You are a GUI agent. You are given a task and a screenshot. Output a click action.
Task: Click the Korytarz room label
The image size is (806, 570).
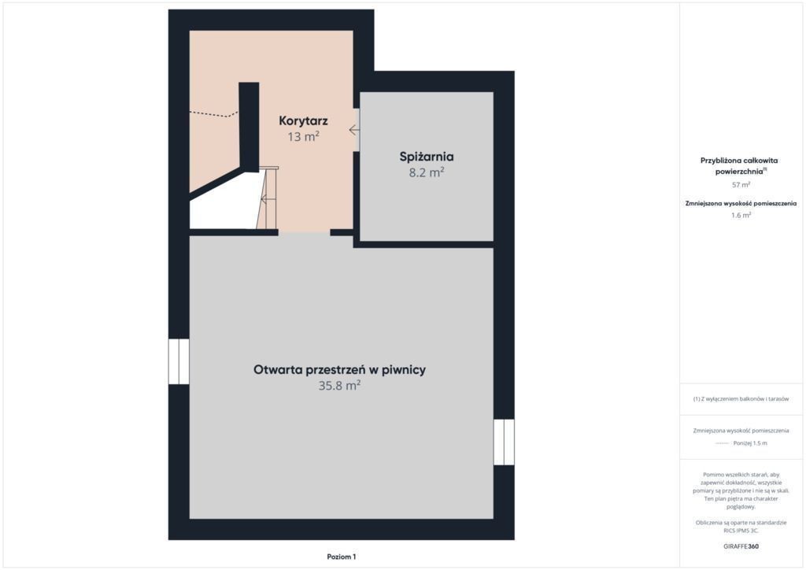click(x=303, y=121)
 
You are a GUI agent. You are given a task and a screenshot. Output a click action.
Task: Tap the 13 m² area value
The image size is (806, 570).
click(x=303, y=137)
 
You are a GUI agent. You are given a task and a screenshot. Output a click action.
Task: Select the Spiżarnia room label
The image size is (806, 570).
click(x=427, y=157)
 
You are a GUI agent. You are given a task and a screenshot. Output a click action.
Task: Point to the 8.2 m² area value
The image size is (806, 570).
click(x=427, y=172)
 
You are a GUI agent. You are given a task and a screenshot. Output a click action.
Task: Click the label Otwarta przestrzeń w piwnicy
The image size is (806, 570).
click(x=339, y=369)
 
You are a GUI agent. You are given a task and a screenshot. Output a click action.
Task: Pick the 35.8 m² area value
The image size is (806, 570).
click(x=339, y=386)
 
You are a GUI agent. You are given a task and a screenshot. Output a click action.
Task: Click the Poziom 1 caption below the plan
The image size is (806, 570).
click(x=342, y=557)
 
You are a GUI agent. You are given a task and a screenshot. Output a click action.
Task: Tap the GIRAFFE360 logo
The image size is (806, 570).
click(x=741, y=546)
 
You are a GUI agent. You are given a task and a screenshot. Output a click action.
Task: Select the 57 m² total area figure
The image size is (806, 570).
click(x=741, y=184)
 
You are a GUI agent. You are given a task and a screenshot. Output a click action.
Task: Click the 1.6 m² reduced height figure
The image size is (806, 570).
click(x=741, y=216)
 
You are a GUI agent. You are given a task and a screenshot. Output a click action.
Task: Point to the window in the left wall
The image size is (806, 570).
click(x=179, y=361)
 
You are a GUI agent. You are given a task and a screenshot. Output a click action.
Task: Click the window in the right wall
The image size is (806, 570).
click(x=504, y=442)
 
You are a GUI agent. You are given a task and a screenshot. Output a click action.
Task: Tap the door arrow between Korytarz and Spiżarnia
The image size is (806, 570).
click(x=354, y=130)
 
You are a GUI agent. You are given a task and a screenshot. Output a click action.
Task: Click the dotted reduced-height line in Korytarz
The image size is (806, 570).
click(x=214, y=114)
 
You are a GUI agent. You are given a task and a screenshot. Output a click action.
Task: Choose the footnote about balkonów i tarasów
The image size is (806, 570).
click(x=741, y=399)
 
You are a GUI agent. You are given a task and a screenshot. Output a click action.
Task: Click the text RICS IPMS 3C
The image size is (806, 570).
click(x=741, y=531)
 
